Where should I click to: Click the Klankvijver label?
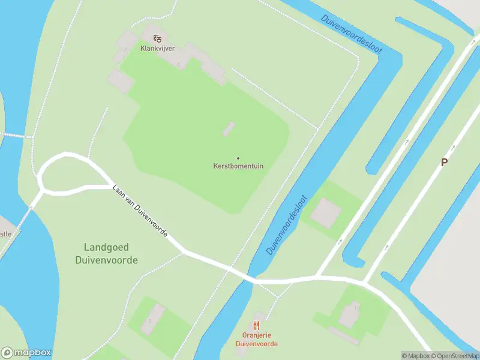pyautogui.click(x=157, y=49)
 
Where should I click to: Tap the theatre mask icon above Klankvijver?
pyautogui.click(x=157, y=38)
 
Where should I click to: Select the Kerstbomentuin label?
pyautogui.click(x=238, y=166)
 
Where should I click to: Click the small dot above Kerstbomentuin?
pyautogui.click(x=238, y=158)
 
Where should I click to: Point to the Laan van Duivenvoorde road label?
pyautogui.click(x=140, y=210)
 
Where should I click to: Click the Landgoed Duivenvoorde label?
pyautogui.click(x=106, y=254)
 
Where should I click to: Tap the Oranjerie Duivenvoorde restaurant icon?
pyautogui.click(x=257, y=326)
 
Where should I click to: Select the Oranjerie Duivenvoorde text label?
pyautogui.click(x=256, y=340)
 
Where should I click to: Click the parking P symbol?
pyautogui.click(x=444, y=162)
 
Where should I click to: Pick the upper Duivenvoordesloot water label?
pyautogui.click(x=352, y=34)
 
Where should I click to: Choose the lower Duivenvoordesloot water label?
pyautogui.click(x=287, y=224)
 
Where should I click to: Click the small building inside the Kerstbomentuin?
pyautogui.click(x=229, y=128)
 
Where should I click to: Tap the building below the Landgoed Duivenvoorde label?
pyautogui.click(x=152, y=319)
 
